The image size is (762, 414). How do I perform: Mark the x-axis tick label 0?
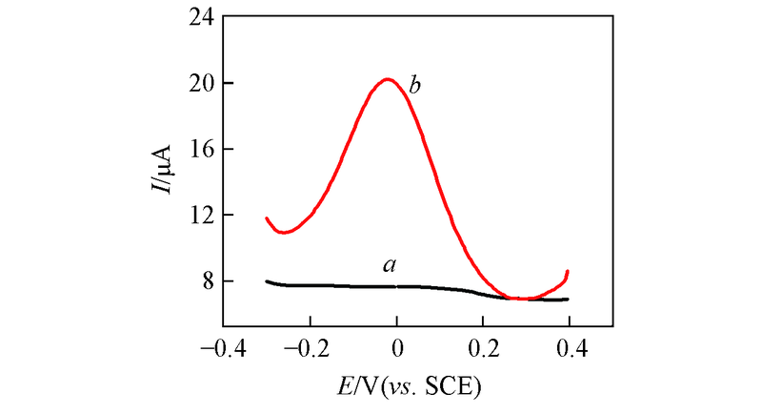tap(398, 346)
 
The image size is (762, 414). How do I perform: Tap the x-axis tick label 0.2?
tap(485, 346)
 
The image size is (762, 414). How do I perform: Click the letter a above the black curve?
tap(389, 265)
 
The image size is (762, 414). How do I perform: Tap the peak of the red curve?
tap(387, 79)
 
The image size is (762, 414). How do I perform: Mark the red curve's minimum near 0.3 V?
tap(522, 299)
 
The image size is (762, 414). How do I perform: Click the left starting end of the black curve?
tap(268, 281)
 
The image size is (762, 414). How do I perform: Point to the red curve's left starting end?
tap(267, 218)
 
